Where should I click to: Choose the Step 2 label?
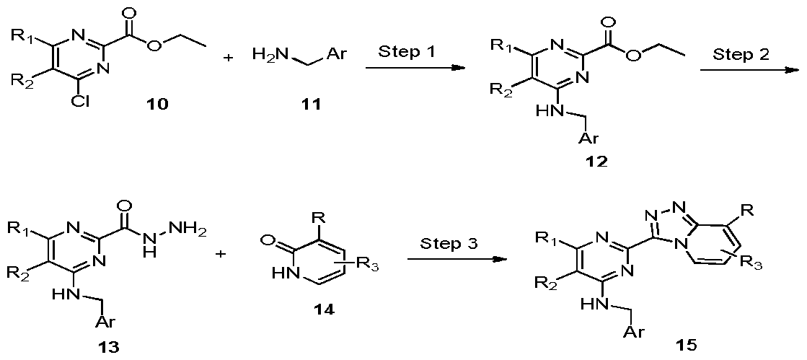pyautogui.click(x=740, y=54)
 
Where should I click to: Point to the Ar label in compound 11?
pyautogui.click(x=335, y=55)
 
